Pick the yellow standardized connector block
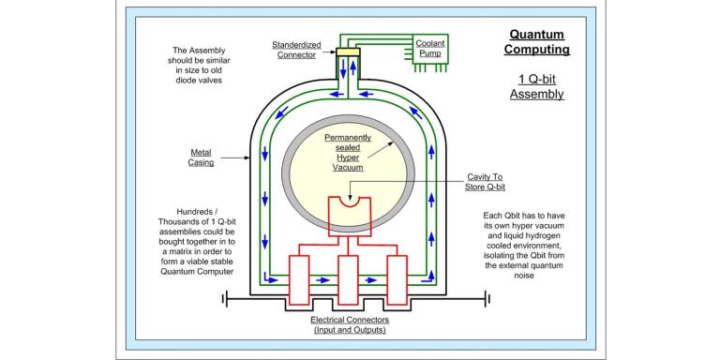tap(348, 52)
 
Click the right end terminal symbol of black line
tap(486, 299)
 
